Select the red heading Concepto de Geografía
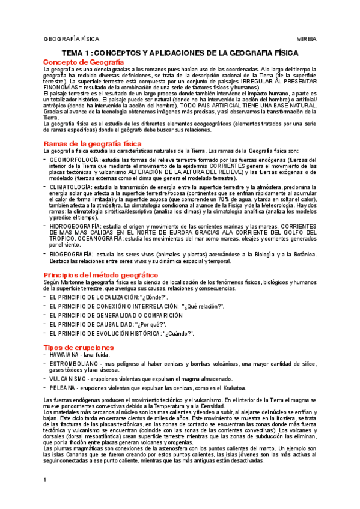(x=84, y=62)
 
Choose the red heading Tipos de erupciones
(x=78, y=348)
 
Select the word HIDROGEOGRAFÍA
(x=72, y=226)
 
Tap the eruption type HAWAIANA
(x=65, y=355)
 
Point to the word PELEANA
(x=63, y=388)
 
